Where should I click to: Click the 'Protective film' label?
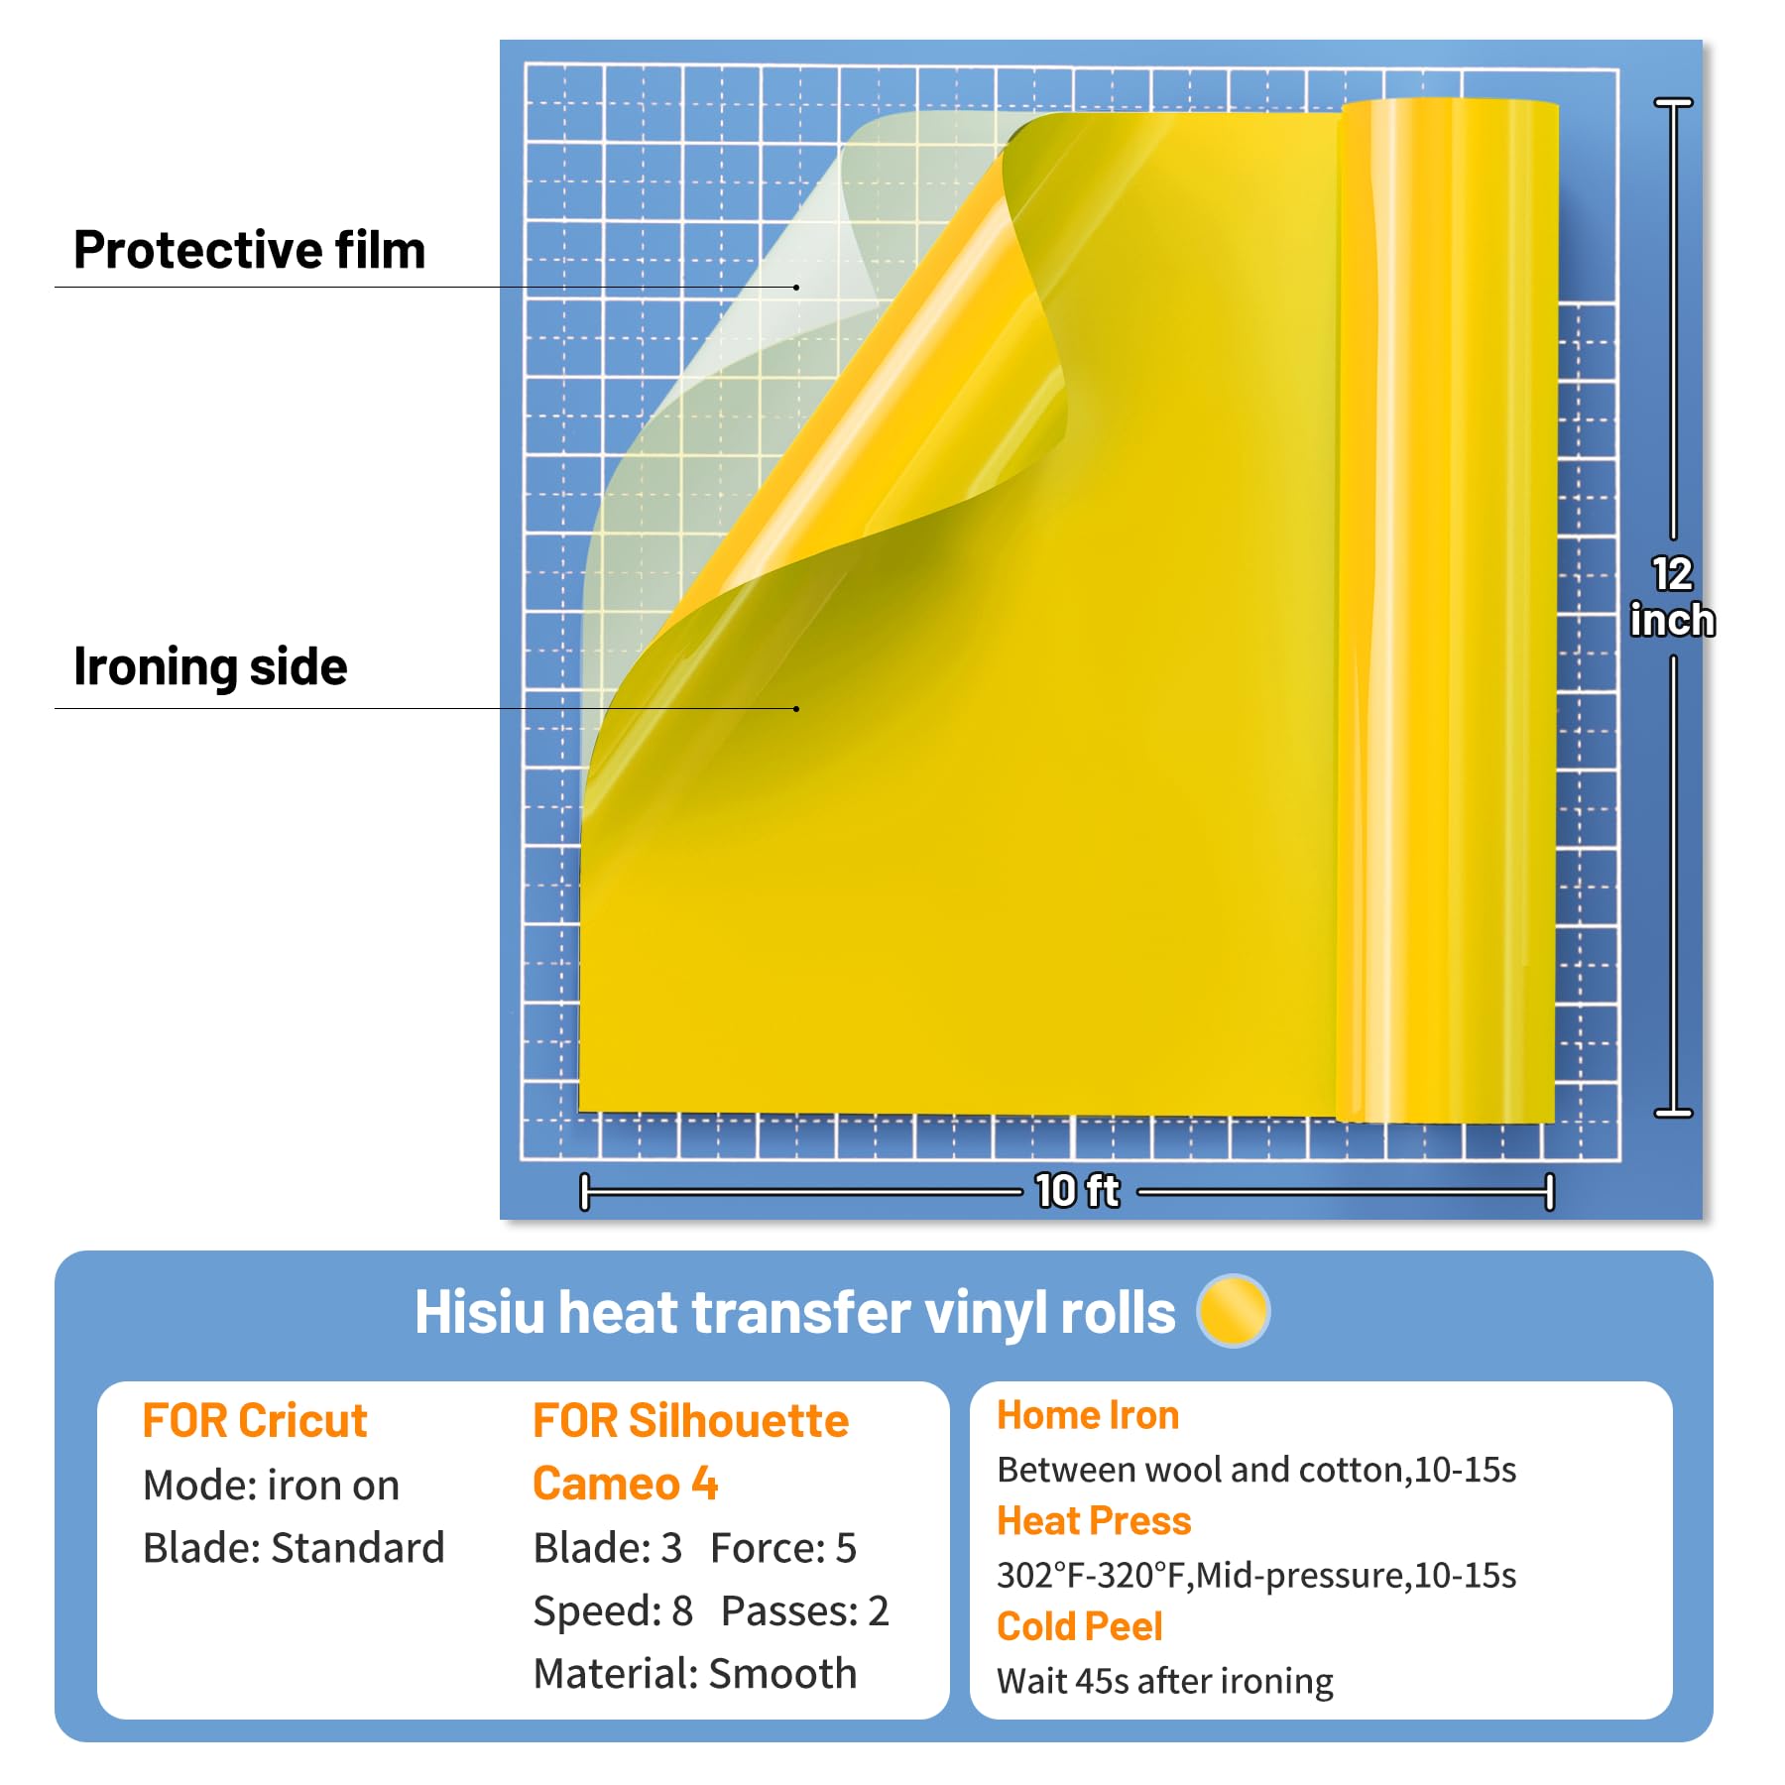(249, 250)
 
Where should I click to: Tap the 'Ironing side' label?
(210, 666)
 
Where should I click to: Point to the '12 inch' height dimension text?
(1672, 597)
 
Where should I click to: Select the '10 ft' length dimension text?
(1077, 1190)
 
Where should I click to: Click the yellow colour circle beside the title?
(1233, 1311)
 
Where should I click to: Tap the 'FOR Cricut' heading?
(255, 1421)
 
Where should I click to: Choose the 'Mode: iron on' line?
(271, 1486)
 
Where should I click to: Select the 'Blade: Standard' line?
(294, 1548)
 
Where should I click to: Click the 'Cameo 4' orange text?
(625, 1485)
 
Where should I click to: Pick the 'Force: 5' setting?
(783, 1548)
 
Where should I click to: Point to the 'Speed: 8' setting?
(613, 1611)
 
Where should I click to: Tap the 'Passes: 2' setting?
(804, 1611)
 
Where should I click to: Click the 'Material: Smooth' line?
(694, 1674)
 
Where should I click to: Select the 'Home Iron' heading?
(1088, 1415)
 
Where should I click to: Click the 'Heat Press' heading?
(1094, 1520)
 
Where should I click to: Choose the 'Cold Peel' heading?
(1079, 1626)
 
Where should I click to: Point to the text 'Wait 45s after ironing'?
(1164, 1681)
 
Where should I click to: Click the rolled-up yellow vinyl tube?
(1448, 610)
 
